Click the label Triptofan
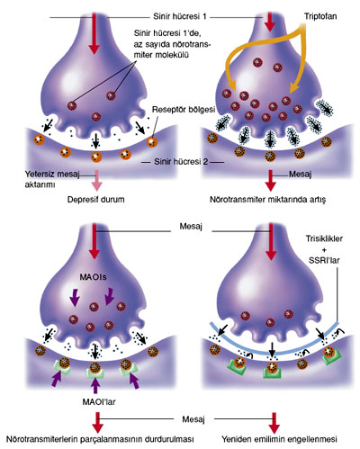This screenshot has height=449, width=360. [x=320, y=16]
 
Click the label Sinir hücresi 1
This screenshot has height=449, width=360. [x=180, y=16]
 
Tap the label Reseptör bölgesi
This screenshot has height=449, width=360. [x=184, y=110]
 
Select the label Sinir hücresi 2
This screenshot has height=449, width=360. [x=181, y=162]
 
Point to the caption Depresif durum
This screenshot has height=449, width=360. [x=95, y=200]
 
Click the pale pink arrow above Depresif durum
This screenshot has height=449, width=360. [x=96, y=180]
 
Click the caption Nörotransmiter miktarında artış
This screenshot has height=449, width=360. [x=267, y=200]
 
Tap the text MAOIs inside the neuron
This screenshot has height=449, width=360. [x=93, y=277]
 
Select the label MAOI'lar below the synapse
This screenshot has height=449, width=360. [x=99, y=401]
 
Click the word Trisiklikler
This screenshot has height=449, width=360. [x=324, y=238]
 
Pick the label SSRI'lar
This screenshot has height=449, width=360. [x=324, y=260]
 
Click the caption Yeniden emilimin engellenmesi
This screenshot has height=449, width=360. [x=279, y=439]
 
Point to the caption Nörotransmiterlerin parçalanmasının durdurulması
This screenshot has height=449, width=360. [x=100, y=439]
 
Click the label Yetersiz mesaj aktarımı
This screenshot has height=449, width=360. [x=51, y=179]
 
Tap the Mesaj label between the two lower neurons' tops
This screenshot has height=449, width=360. [x=191, y=226]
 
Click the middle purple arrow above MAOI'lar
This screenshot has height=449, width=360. [x=95, y=385]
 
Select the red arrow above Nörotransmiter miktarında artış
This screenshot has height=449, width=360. [x=270, y=180]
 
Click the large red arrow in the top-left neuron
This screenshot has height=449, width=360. [x=94, y=33]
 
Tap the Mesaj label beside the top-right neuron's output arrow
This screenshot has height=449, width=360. [x=300, y=174]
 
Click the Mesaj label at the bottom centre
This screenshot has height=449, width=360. [x=193, y=419]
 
